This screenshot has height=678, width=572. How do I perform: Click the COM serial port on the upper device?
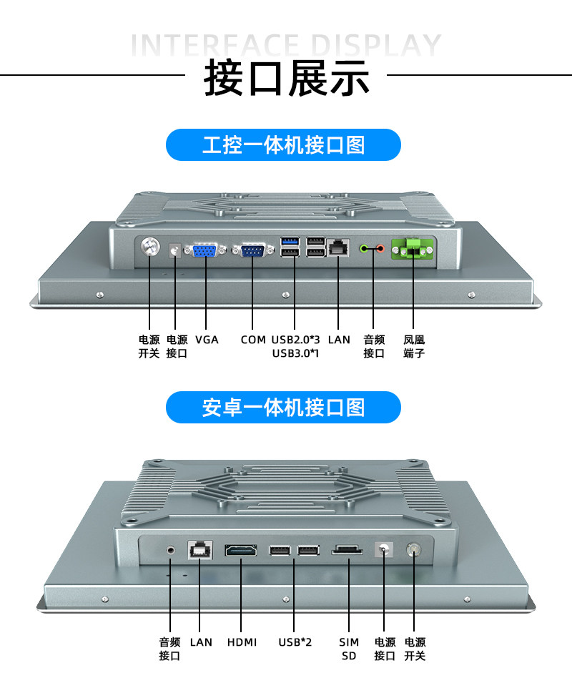252,250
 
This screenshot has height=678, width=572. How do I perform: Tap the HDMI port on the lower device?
242,551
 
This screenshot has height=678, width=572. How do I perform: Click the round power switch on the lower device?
414,550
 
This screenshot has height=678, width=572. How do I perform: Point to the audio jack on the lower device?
171,550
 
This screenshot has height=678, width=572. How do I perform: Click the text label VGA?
207,340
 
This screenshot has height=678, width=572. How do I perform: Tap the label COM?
252,340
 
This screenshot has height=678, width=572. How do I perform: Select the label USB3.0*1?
295,353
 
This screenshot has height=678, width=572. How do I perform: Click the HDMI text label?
242,642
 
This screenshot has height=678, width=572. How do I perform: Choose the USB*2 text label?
295,642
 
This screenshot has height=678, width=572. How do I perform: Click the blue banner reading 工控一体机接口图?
283,145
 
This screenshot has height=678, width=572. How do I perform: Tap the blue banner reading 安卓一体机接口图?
283,408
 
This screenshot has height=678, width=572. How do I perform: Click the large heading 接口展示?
287,78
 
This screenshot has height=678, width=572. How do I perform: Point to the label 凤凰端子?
414,346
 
